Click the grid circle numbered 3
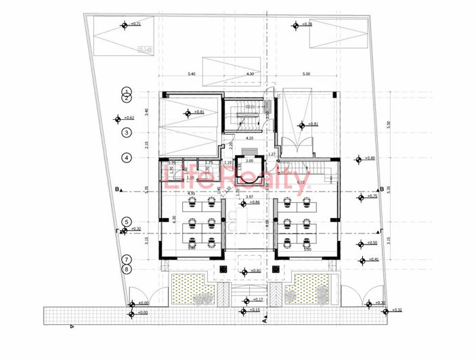[x=126, y=133]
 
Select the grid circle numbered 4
[x=126, y=158]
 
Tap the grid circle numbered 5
[x=126, y=222]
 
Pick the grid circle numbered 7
[x=126, y=259]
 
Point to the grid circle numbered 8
[x=126, y=269]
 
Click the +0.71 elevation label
[x=136, y=24]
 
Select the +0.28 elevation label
[x=307, y=24]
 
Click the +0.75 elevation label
[x=371, y=196]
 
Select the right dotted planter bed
[x=309, y=290]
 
